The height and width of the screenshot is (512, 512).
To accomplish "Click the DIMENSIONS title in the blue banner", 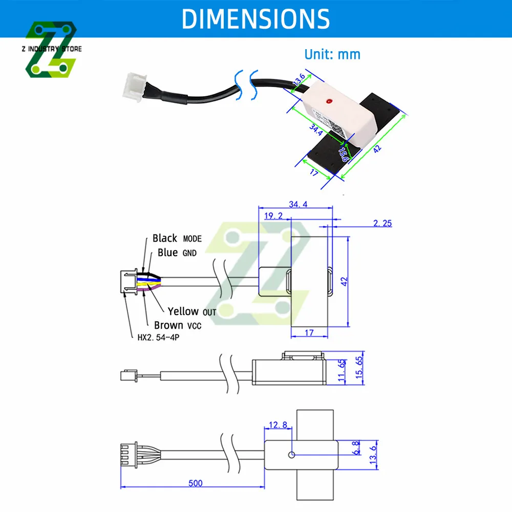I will click(255, 19).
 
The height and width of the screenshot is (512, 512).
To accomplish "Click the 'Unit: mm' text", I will click(332, 54).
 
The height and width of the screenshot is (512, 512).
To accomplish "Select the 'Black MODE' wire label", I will click(177, 239).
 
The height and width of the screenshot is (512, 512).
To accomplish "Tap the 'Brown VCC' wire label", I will click(182, 325).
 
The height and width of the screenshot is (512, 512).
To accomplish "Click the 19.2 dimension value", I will click(273, 216).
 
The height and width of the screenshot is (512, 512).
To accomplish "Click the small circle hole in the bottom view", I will click(291, 455).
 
